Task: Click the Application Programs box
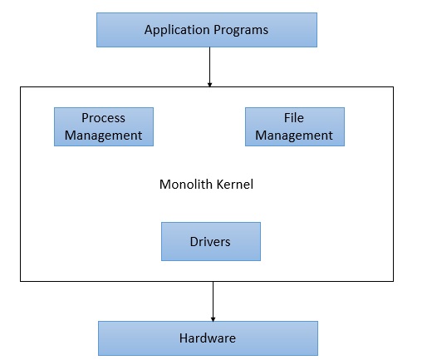coord(207,30)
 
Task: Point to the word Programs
coord(240,31)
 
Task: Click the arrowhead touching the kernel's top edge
coord(209,83)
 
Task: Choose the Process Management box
coord(103,126)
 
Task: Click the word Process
coord(103,118)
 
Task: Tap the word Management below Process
coord(103,135)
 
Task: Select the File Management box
coord(294,126)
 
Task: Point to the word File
coord(294,118)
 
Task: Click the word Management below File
coord(294,135)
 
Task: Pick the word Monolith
coord(182,184)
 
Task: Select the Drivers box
coord(210,241)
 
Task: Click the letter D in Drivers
coord(194,241)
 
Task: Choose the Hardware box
coord(208,338)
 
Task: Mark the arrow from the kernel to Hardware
coord(213,299)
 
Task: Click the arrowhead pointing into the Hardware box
coord(213,318)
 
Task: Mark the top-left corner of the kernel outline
coord(21,86)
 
